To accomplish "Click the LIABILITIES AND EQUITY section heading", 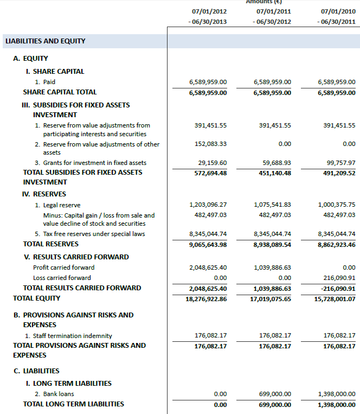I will coord(45,41).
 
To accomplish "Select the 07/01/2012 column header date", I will coord(209,11).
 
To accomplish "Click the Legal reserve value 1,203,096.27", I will coord(208,205).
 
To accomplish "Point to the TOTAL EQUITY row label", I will coord(37,298).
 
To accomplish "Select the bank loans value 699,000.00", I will coord(273,394).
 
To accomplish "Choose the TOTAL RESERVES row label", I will coord(51,244).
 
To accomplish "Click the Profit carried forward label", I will coord(63,267).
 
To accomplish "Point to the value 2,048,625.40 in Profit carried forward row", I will coord(208,267).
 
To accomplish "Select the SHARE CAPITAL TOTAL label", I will coord(60,92).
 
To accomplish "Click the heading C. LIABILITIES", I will coord(36,371).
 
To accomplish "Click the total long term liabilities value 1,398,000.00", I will coord(337,405).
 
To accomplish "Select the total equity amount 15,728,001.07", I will coord(335,299).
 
